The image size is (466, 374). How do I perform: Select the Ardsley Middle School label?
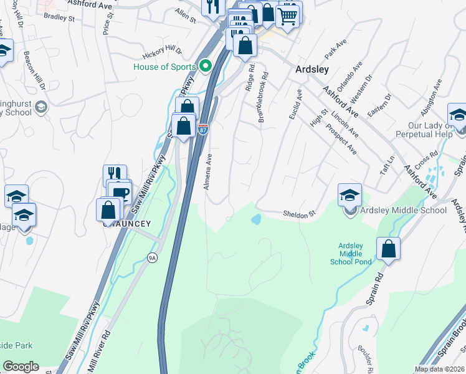coord(402,210)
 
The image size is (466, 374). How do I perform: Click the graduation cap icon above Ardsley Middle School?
coord(350,194)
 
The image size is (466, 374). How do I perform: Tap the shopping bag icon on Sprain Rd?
coord(388,249)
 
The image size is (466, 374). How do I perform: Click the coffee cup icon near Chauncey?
coord(120,191)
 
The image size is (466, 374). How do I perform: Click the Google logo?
coord(21,367)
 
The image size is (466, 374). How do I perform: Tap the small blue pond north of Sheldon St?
coord(255,219)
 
